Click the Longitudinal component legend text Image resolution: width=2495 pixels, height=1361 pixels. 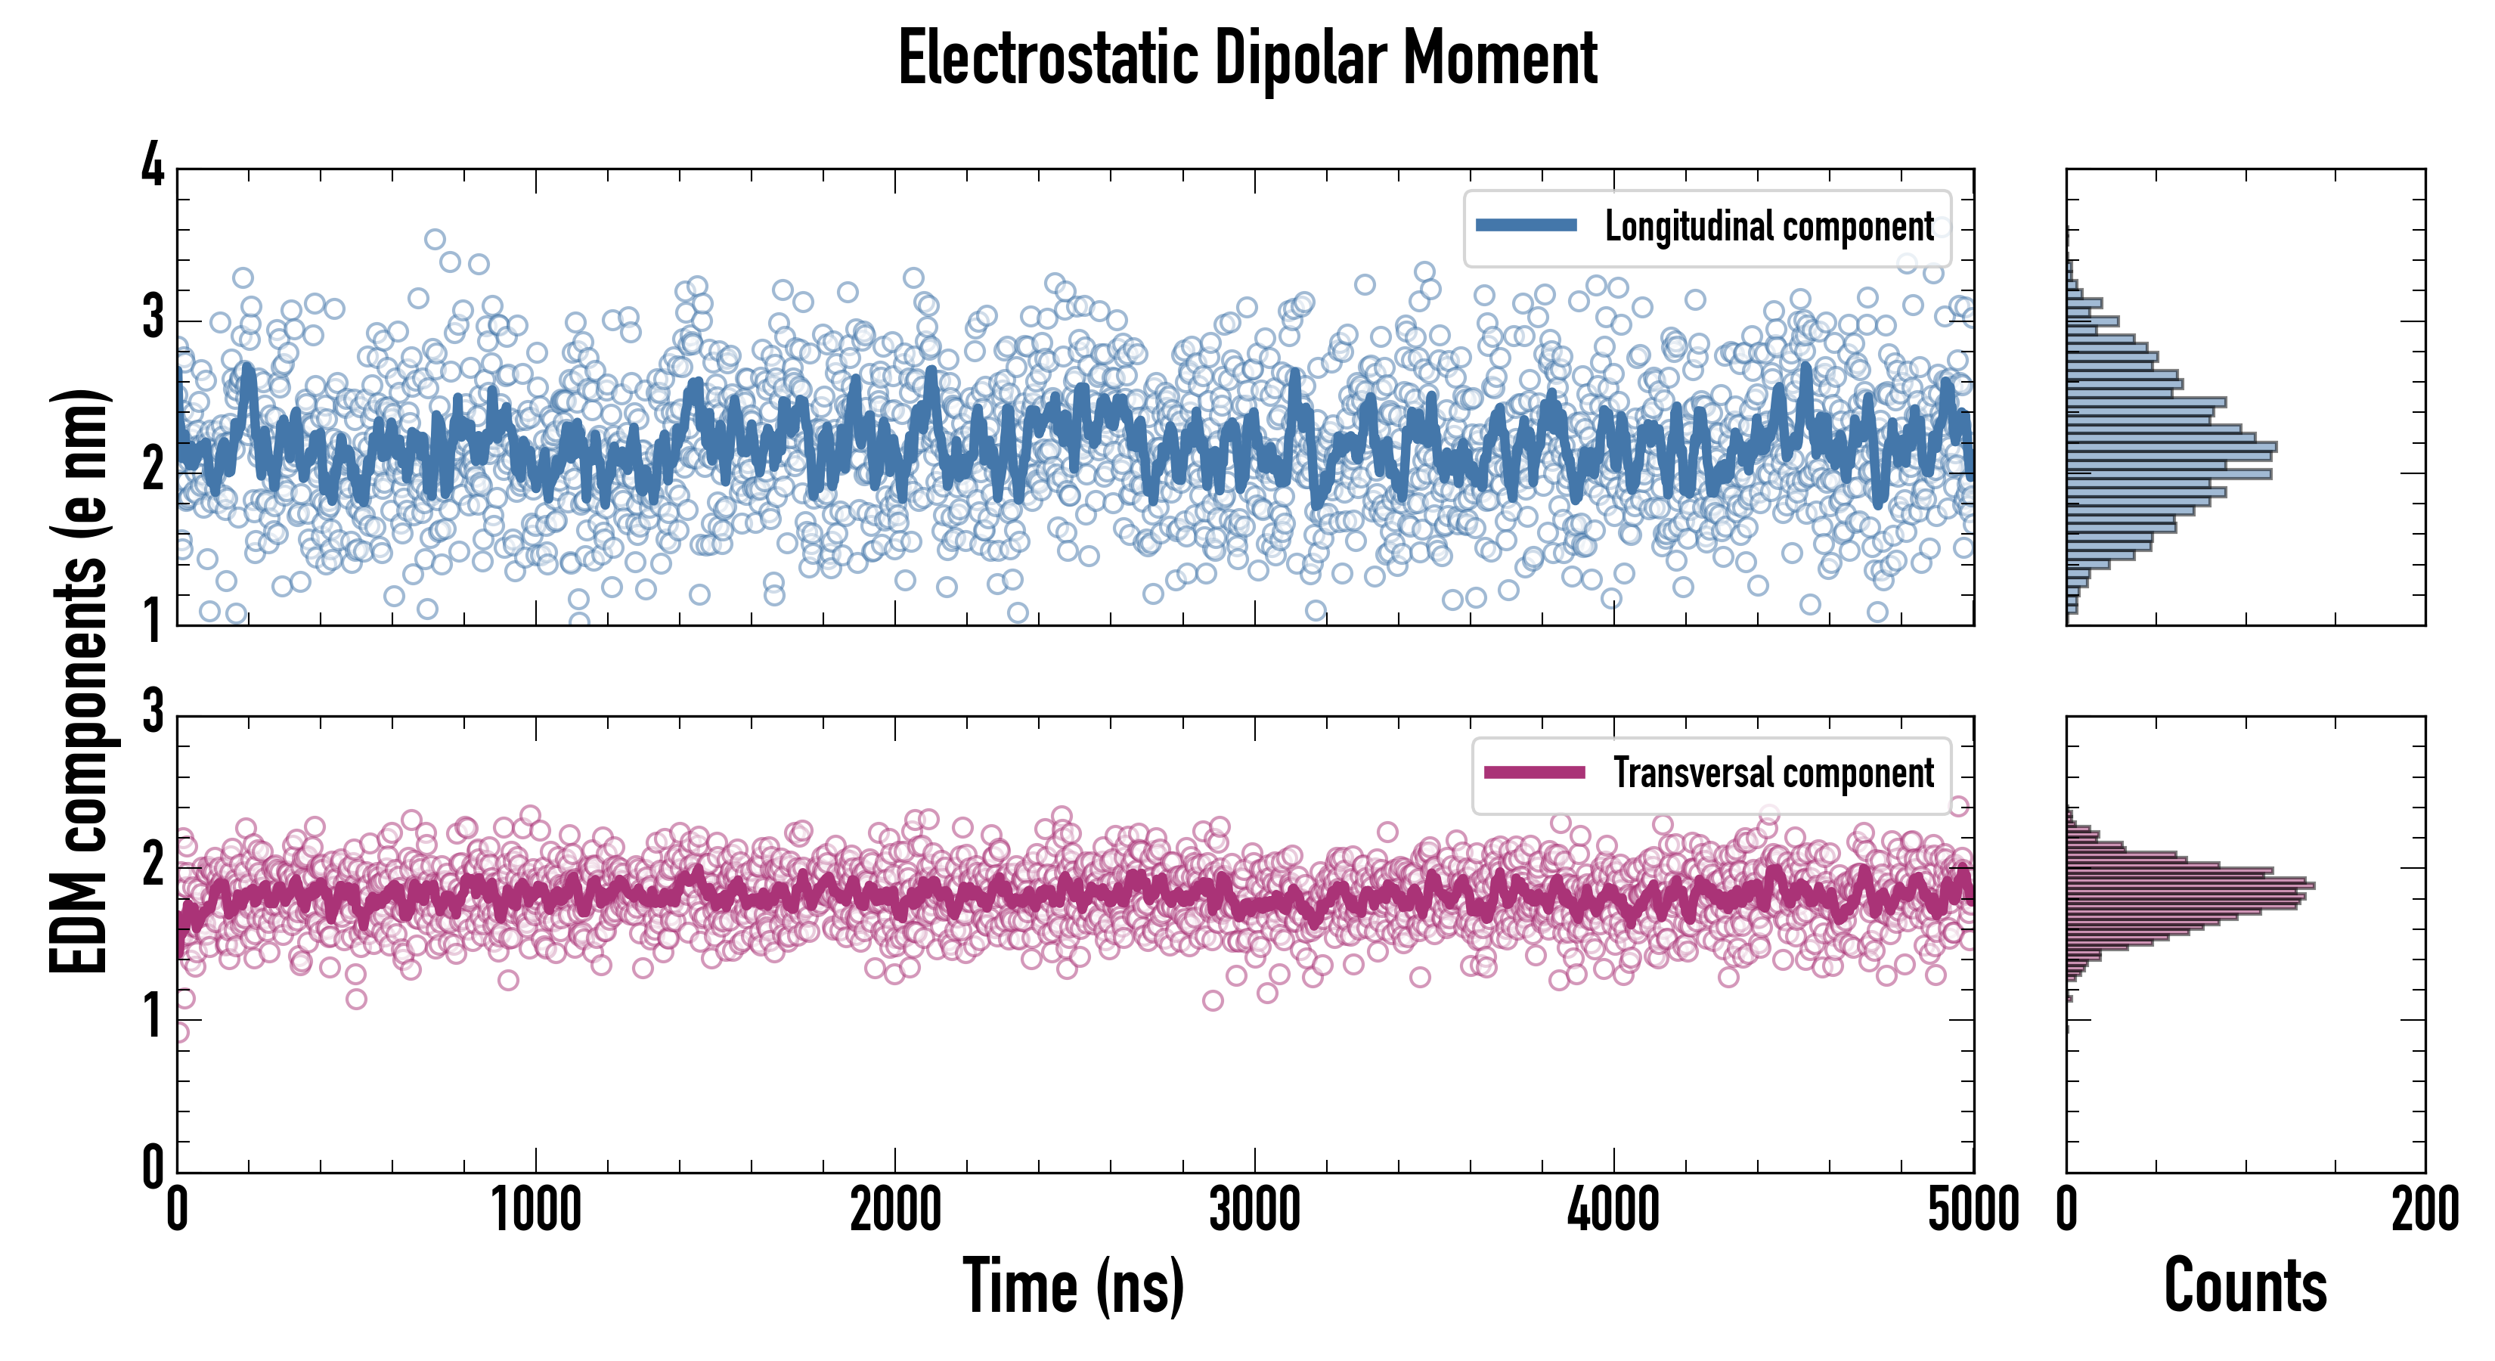pos(1768,228)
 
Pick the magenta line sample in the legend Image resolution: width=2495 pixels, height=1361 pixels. pos(1534,772)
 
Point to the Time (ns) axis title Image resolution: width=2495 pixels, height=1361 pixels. pos(1073,1286)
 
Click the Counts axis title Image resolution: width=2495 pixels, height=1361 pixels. pos(2244,1286)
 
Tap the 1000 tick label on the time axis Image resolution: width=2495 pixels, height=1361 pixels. pos(535,1211)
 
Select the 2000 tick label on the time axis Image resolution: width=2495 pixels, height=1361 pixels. pos(895,1211)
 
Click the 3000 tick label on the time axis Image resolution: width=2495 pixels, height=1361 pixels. pos(1254,1211)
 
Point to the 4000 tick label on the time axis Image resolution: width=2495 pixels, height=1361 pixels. pos(1613,1211)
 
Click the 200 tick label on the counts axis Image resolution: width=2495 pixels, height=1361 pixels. pos(2424,1211)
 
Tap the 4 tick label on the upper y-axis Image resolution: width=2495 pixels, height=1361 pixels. pos(153,166)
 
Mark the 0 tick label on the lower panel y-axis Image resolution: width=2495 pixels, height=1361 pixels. pos(153,1167)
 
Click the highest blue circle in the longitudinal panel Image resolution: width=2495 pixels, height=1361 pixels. pos(435,239)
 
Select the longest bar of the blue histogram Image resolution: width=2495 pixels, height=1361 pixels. pos(2171,448)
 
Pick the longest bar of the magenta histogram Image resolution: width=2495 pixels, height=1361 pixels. pos(2190,885)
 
